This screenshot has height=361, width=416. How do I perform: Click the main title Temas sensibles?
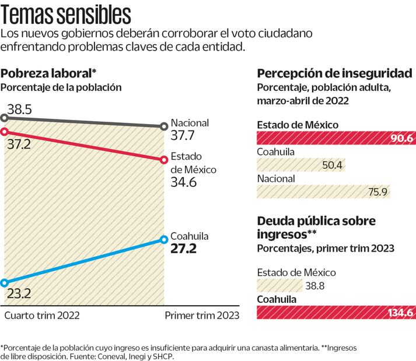[66, 12]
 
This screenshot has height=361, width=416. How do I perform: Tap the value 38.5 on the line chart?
[19, 108]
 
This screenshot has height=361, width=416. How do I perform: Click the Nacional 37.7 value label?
[183, 136]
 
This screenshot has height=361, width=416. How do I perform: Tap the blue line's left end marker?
[5, 283]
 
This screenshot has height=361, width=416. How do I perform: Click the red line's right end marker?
[163, 160]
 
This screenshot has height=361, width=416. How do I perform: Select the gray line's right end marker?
[163, 126]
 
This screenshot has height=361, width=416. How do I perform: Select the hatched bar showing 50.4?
[300, 165]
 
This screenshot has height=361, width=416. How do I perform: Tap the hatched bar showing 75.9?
[324, 192]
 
